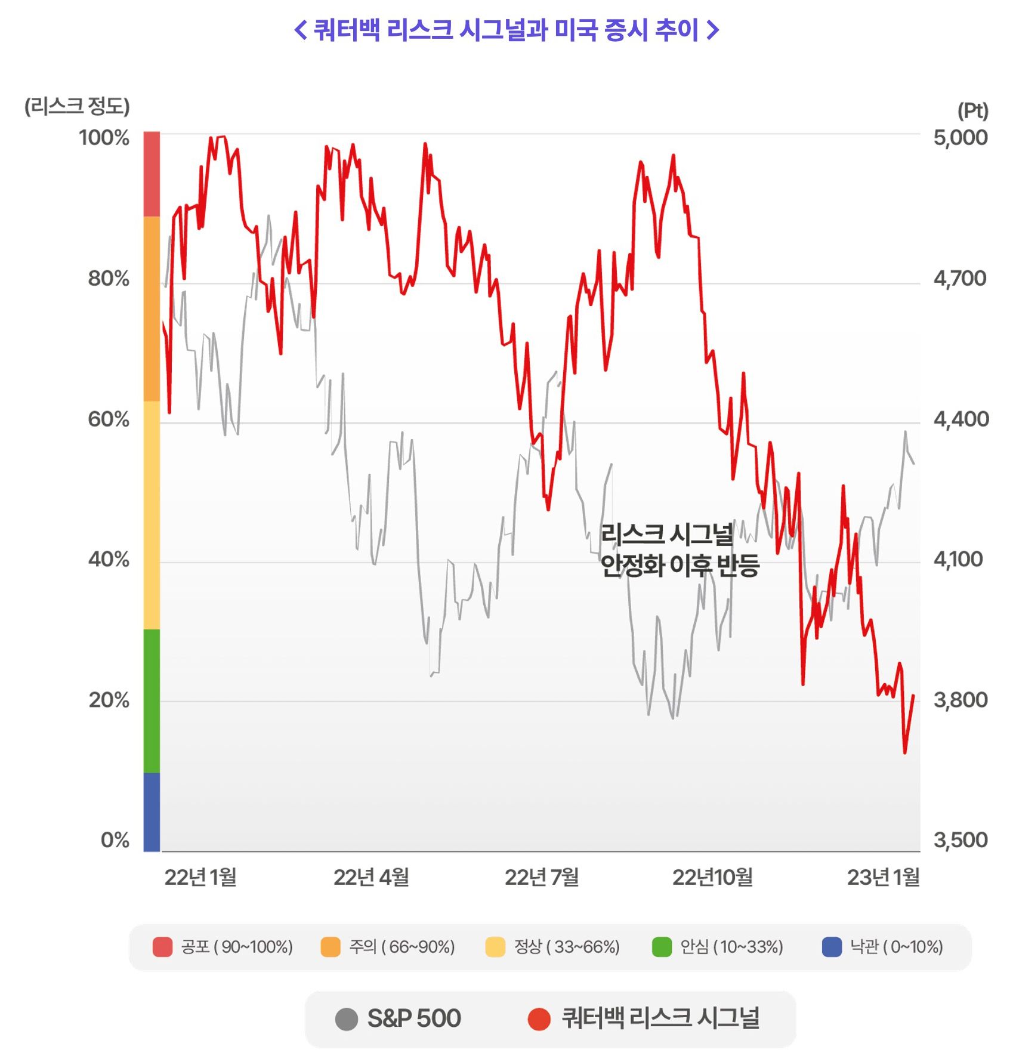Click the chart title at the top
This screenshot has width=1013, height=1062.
click(x=506, y=30)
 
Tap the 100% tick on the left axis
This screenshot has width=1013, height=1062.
click(x=104, y=138)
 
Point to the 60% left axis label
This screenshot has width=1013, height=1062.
click(x=109, y=419)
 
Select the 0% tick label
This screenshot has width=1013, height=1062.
click(x=115, y=839)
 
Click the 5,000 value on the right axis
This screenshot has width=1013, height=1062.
click(x=960, y=138)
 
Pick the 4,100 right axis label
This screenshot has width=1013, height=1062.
click(x=958, y=559)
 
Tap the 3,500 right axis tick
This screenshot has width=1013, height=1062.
click(x=960, y=839)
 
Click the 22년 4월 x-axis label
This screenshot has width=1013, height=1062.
click(x=371, y=877)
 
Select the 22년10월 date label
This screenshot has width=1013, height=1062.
click(x=712, y=877)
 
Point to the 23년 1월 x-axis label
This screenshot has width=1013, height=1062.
click(x=883, y=877)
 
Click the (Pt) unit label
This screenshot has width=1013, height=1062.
click(x=972, y=110)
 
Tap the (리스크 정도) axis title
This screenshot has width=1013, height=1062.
click(x=77, y=107)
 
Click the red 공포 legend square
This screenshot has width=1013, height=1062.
click(x=162, y=947)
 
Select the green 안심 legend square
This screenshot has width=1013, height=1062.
click(x=662, y=947)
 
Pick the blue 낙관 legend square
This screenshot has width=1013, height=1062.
click(x=832, y=947)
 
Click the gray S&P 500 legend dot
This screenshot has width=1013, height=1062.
click(x=347, y=1019)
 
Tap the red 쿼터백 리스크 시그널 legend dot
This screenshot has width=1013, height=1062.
click(x=539, y=1019)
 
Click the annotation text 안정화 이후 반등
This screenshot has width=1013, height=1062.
click(x=680, y=565)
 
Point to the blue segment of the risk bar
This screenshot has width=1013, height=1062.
click(x=152, y=811)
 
